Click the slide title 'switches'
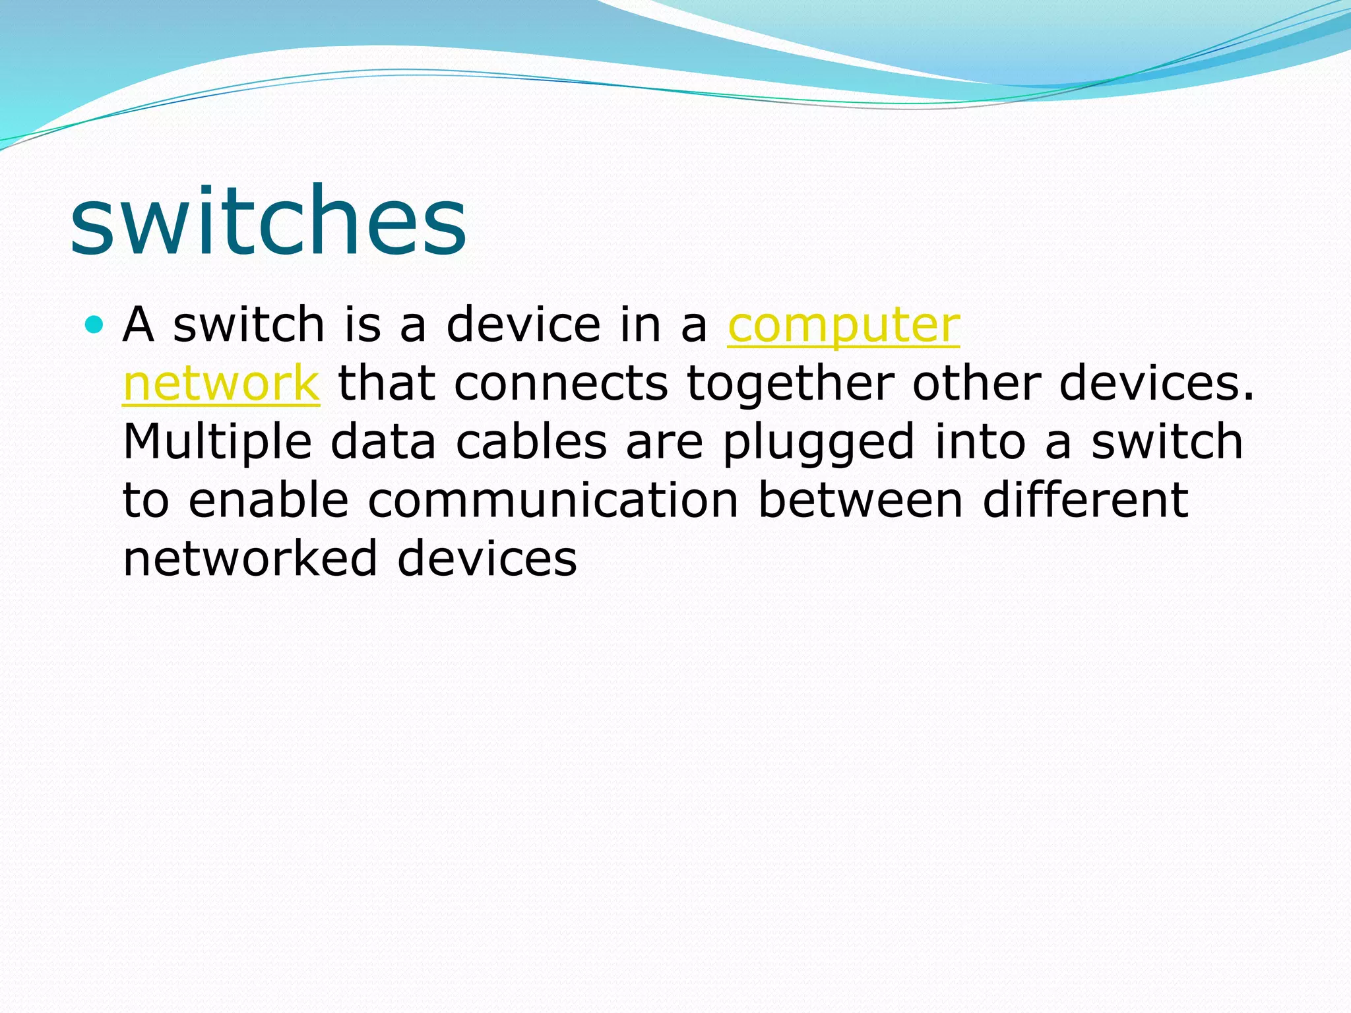point(268,221)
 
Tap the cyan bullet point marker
point(95,324)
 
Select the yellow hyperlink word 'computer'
point(843,326)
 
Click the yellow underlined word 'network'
point(221,384)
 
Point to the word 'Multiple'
point(217,443)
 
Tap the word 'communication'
point(553,501)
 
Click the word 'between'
point(860,501)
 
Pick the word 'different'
point(1085,501)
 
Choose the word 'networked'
point(250,559)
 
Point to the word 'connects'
point(561,384)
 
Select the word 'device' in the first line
point(523,325)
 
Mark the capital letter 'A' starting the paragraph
point(139,325)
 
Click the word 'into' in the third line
point(980,443)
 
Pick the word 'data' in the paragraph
point(383,443)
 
